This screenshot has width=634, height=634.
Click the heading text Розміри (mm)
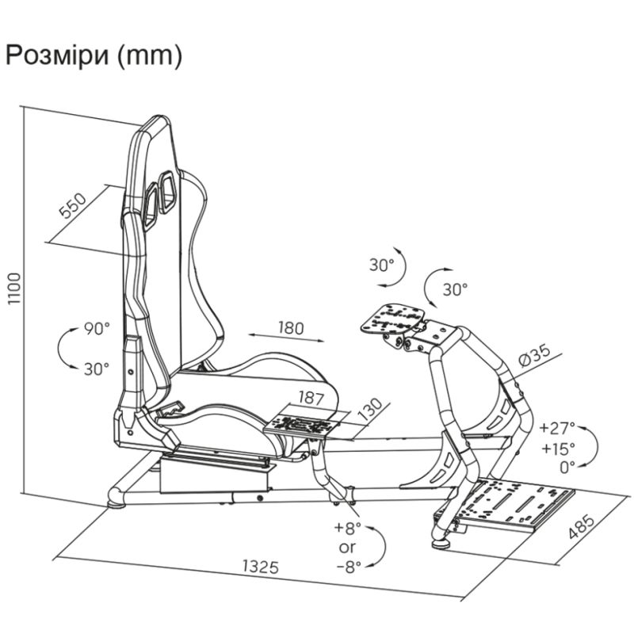click(x=94, y=55)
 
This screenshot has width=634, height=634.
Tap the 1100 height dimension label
click(x=14, y=288)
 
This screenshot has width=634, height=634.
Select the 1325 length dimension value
click(x=261, y=567)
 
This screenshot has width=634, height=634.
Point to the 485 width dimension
click(x=582, y=526)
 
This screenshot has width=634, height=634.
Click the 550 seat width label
click(x=73, y=205)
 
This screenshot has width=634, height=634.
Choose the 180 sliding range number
click(x=291, y=327)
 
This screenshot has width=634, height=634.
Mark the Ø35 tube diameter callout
click(x=534, y=355)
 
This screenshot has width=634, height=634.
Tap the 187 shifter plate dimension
click(x=311, y=398)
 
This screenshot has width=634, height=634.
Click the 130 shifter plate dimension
click(x=370, y=410)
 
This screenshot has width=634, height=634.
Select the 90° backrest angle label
click(x=97, y=328)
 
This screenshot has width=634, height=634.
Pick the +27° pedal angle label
click(x=557, y=427)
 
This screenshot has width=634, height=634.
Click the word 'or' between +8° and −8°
click(x=347, y=548)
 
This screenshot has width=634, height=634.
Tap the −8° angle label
click(x=349, y=567)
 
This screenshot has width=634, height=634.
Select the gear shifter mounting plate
click(x=303, y=425)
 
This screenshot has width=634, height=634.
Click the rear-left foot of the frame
click(x=116, y=504)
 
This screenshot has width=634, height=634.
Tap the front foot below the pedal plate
click(x=441, y=544)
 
